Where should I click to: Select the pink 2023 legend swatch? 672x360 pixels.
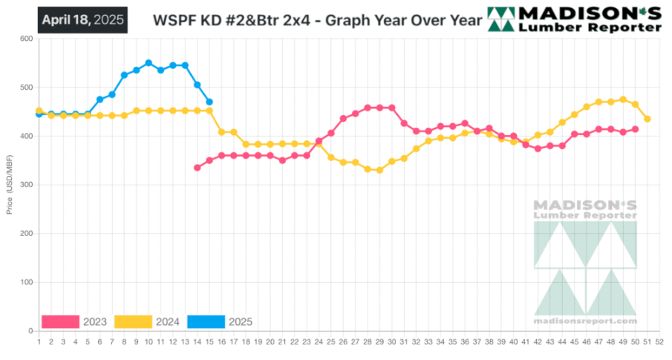point(60,321)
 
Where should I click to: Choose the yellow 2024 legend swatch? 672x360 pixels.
point(133,321)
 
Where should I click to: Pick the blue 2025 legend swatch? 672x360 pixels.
point(206,321)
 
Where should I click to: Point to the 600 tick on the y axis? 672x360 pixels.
point(27,39)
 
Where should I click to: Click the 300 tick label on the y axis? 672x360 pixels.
point(27,185)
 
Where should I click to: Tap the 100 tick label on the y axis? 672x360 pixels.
point(27,282)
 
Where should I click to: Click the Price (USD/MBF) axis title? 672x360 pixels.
point(10,185)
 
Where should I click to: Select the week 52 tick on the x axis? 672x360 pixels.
point(659,341)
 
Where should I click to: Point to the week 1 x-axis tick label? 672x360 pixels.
point(39,341)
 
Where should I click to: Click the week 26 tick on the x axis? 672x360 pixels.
point(343,341)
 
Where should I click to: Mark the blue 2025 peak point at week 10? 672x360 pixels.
point(149,63)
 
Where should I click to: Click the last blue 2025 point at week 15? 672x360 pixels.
point(209,102)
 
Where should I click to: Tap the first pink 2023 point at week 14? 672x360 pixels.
point(197,168)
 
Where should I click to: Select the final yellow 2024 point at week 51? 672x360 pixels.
point(647,119)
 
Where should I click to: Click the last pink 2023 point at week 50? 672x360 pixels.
point(636,129)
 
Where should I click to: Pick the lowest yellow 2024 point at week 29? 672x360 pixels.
point(379,170)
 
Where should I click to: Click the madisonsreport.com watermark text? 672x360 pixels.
point(585,321)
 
